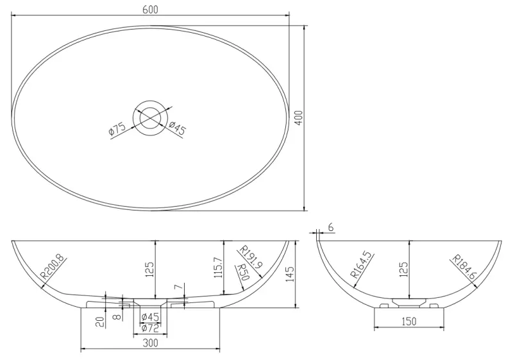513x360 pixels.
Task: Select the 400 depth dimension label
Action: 298,117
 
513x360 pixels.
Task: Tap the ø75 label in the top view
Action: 117,128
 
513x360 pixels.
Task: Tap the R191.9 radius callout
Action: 251,257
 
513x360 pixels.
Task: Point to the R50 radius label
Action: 243,272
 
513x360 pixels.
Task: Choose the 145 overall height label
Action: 290,274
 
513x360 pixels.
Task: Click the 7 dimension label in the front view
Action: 178,288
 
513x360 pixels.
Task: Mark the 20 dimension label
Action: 101,322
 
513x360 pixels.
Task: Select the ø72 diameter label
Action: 149,328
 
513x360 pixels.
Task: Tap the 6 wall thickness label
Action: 330,228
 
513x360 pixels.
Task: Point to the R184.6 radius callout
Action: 464,266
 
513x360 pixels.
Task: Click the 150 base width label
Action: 408,321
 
